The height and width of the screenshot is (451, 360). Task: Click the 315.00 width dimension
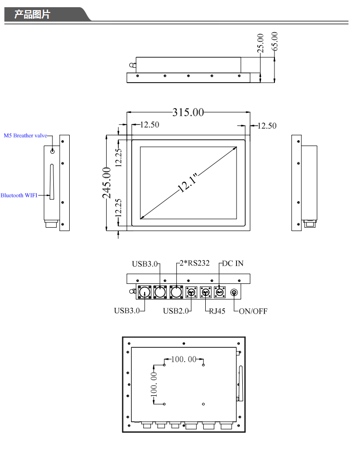click(188, 112)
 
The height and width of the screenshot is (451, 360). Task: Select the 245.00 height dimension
click(107, 183)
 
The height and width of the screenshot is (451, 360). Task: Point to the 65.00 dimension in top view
click(275, 41)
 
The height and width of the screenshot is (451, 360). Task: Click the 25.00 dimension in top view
click(260, 43)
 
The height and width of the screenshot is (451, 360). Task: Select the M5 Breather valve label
click(25, 136)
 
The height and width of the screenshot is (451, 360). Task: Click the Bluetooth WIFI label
click(19, 195)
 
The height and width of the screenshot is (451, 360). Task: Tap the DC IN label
click(233, 264)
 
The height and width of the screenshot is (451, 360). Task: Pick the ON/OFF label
click(253, 311)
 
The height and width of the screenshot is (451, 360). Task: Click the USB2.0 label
click(176, 311)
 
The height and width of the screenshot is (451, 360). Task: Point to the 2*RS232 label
click(194, 263)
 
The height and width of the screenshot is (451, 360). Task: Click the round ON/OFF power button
click(235, 292)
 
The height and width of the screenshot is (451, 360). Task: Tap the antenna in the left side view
click(52, 182)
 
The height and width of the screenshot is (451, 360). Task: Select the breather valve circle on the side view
click(52, 151)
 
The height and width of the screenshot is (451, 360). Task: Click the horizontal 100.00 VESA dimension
click(184, 359)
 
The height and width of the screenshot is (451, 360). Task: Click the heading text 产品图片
click(32, 14)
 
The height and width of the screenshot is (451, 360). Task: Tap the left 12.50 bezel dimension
click(149, 125)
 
